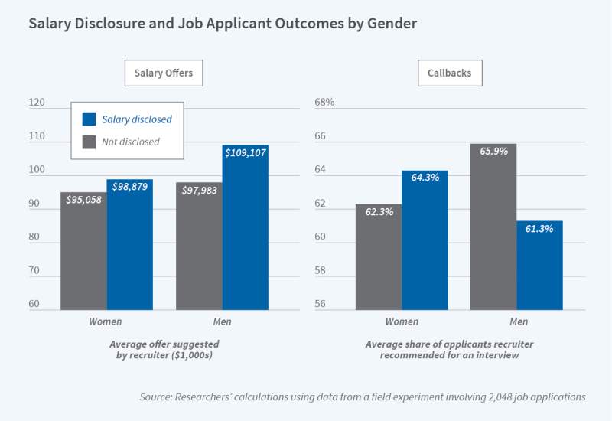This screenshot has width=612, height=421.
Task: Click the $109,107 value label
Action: [246, 153]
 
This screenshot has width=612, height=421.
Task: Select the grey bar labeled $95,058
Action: [83, 253]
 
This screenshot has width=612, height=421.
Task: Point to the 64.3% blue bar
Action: [425, 240]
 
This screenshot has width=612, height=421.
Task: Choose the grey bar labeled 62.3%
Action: [379, 257]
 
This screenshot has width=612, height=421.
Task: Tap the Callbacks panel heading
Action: [450, 73]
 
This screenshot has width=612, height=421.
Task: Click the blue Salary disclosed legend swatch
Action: [89, 119]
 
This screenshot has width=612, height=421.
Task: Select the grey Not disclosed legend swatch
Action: [89, 142]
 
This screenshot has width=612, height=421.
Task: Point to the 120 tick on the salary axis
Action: [37, 103]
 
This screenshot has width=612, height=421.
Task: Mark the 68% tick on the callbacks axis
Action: [325, 103]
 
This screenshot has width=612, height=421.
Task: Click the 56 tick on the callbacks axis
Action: [321, 304]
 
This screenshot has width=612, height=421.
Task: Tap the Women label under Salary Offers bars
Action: [106, 321]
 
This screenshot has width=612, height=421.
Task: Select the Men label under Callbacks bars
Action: [518, 321]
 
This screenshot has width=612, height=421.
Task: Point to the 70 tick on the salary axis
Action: [34, 270]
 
